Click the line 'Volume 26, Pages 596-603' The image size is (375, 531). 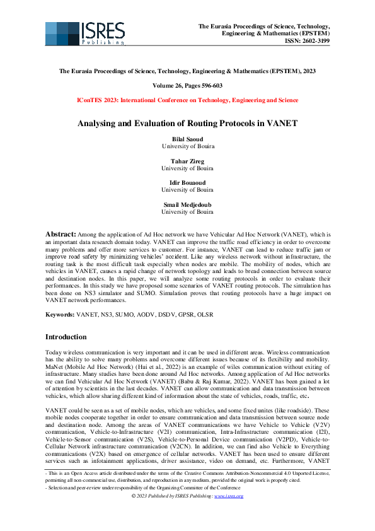[x=187, y=85]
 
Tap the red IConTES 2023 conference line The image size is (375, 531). [x=187, y=100]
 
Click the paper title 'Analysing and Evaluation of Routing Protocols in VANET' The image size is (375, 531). [x=187, y=124]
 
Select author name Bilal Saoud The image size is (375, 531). [x=187, y=139]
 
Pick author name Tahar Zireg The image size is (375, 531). [x=187, y=160]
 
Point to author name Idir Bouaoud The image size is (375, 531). [x=187, y=182]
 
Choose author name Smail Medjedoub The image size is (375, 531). [x=187, y=204]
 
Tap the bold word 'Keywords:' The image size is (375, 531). [x=60, y=313]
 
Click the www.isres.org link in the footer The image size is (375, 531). [x=229, y=496]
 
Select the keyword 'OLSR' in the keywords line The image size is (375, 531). [x=205, y=313]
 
